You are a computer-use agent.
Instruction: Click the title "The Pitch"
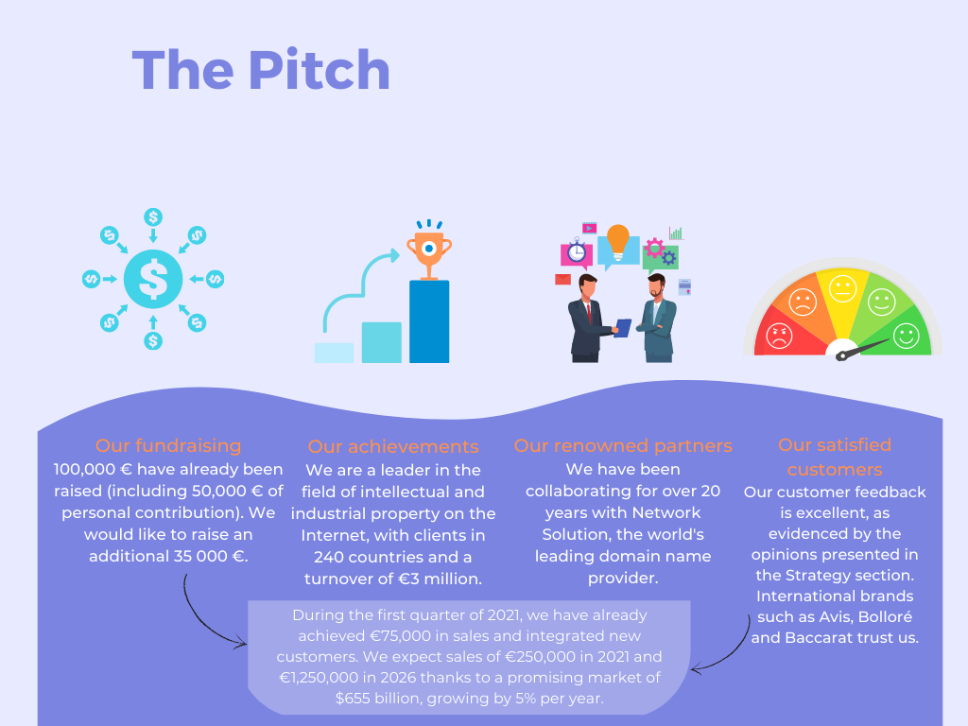click(261, 70)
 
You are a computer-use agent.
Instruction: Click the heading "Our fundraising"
click(168, 446)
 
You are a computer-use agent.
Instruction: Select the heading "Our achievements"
click(393, 446)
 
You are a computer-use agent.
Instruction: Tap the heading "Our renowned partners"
click(623, 446)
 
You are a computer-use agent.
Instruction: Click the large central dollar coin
click(153, 279)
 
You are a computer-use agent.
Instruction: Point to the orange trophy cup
click(429, 254)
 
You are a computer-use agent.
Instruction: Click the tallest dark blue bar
click(429, 321)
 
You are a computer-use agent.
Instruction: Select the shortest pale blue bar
click(334, 354)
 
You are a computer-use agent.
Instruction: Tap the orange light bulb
click(618, 242)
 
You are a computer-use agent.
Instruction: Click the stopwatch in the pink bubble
click(577, 251)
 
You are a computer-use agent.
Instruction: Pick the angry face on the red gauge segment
click(779, 336)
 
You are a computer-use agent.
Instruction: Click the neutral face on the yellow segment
click(842, 288)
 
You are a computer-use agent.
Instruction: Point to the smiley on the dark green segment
click(906, 336)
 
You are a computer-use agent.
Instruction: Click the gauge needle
click(863, 348)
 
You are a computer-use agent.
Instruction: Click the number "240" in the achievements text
click(329, 557)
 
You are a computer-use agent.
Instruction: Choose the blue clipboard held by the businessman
click(624, 328)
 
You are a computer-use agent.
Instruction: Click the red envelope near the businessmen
click(563, 280)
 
